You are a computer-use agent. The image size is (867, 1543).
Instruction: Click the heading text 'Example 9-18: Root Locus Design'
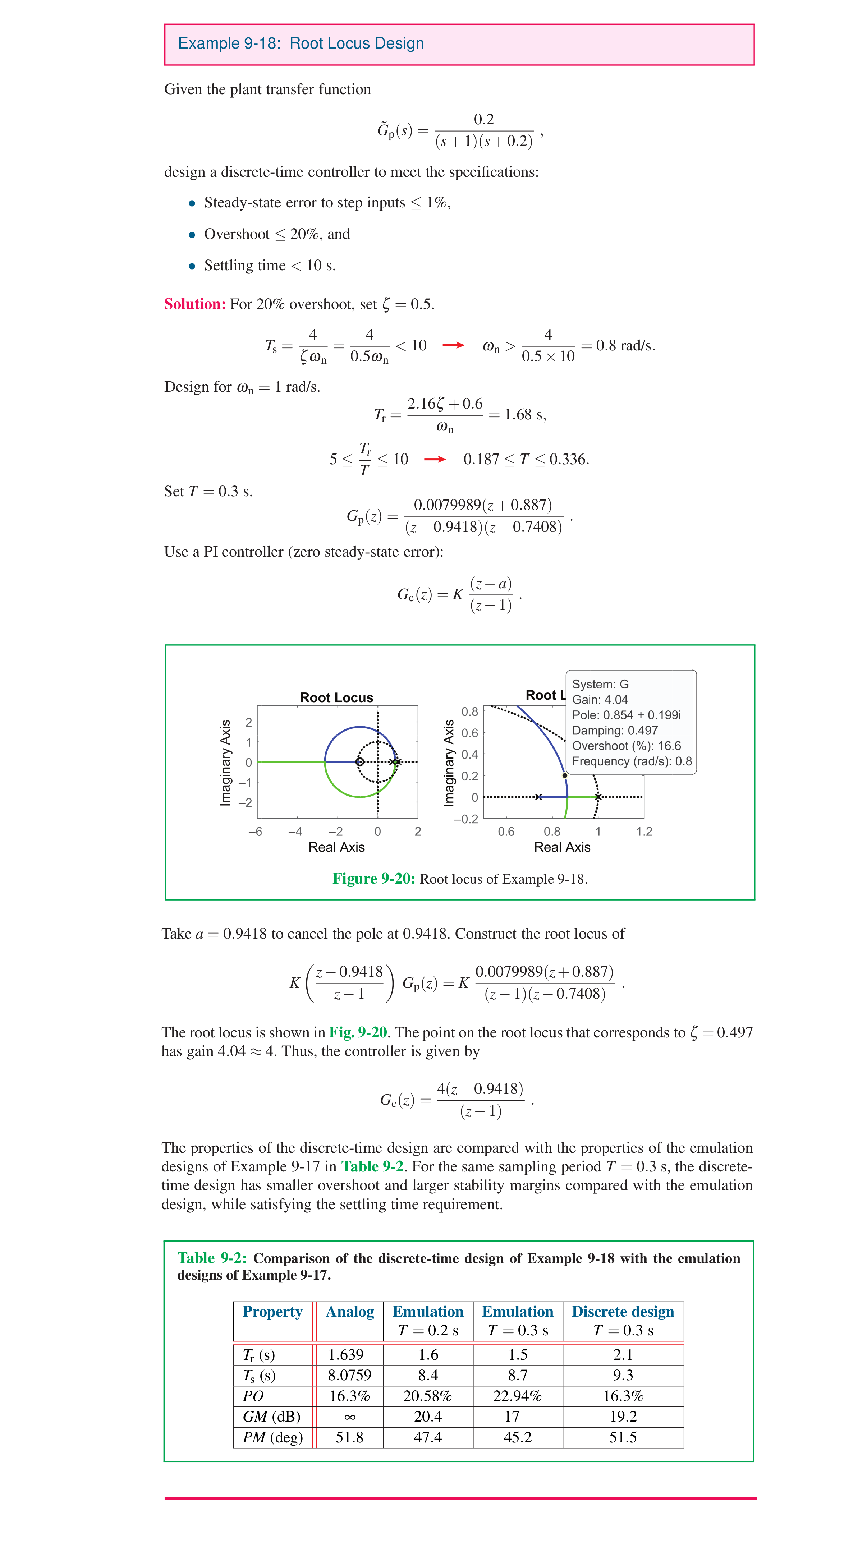pos(301,44)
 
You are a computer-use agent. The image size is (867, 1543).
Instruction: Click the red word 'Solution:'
pos(195,304)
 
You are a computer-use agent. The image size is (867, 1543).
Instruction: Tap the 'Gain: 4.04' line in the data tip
pos(600,700)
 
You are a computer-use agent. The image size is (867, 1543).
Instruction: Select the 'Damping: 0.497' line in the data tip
pos(615,730)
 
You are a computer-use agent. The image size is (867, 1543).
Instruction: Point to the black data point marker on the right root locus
pos(564,776)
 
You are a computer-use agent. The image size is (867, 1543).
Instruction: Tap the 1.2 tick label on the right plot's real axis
pos(644,832)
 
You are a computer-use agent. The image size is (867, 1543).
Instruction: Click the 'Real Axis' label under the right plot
pos(562,847)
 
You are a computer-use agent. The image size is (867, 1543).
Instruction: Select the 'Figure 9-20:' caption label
pos(373,879)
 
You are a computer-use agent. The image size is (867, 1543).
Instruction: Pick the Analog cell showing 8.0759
pos(349,1375)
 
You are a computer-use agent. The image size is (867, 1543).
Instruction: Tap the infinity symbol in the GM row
pos(349,1417)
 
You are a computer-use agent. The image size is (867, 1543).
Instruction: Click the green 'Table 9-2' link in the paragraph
pos(371,1166)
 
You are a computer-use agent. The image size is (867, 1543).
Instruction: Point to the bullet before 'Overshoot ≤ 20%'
pos(192,235)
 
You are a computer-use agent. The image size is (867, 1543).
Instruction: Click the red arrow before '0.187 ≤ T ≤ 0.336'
pos(435,460)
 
